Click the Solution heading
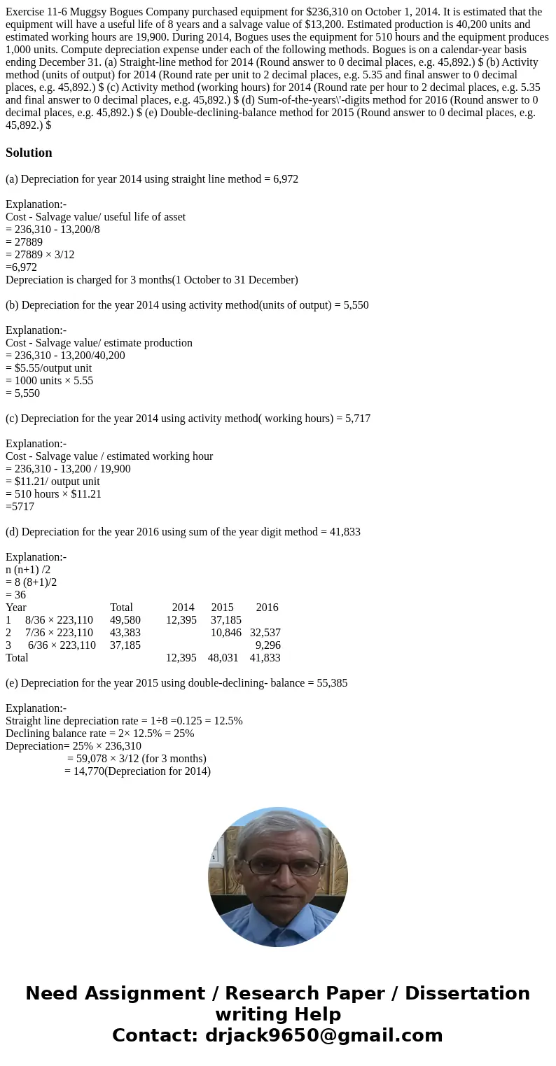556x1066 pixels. [x=29, y=153]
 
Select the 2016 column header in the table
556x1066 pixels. [x=267, y=608]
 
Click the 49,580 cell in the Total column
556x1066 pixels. [x=125, y=620]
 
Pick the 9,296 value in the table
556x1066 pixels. [x=267, y=645]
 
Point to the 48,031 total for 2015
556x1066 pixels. [x=223, y=658]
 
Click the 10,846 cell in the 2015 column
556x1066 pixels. [x=225, y=633]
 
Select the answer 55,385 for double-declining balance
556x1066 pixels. [x=328, y=683]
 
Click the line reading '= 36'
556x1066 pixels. [x=16, y=595]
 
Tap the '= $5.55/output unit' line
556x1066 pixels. [x=49, y=368]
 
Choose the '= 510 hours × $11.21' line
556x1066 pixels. [x=53, y=494]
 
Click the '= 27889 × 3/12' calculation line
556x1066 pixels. [x=40, y=255]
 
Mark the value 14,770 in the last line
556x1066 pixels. [x=89, y=771]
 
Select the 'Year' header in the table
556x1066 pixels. [x=16, y=608]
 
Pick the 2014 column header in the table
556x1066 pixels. [x=183, y=608]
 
